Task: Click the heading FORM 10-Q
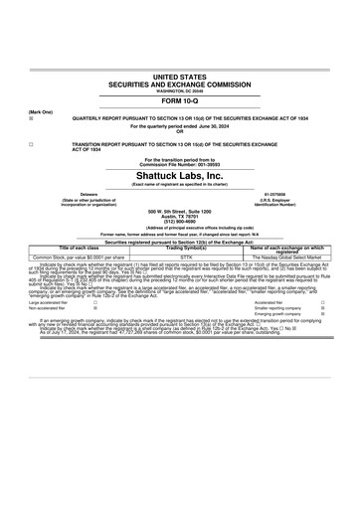[179, 101]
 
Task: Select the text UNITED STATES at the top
[179, 76]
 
